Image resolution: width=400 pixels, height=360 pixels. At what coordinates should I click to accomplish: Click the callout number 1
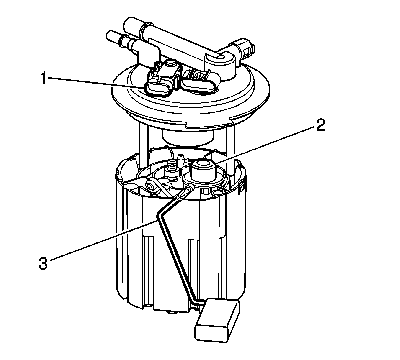[43, 79]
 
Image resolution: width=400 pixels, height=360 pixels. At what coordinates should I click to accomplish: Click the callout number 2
[320, 125]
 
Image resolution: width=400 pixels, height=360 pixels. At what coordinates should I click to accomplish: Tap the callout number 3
[43, 263]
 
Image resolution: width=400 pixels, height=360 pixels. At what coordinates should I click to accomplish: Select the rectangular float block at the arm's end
[217, 318]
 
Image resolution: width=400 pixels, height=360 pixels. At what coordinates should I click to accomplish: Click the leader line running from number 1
[97, 82]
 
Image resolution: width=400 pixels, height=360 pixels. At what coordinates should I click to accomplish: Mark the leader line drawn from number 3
[103, 239]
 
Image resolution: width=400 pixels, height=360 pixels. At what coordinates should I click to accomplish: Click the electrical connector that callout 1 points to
[160, 79]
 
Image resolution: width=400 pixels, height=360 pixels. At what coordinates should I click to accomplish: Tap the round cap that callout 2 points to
[202, 170]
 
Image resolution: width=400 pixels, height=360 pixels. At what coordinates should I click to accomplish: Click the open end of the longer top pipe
[129, 24]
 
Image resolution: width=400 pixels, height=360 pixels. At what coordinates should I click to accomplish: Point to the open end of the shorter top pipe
[110, 35]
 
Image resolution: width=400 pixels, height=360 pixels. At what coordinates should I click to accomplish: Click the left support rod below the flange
[144, 141]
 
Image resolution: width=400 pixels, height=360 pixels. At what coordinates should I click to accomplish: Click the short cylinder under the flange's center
[187, 137]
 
